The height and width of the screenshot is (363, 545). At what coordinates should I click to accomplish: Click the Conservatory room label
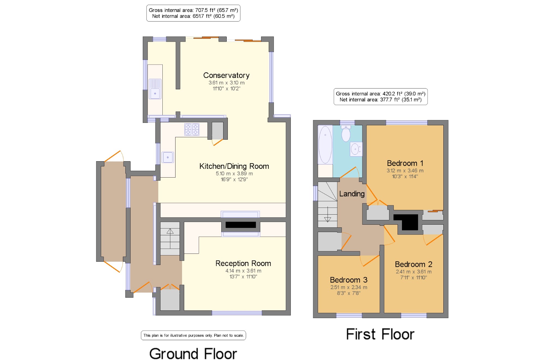pyautogui.click(x=226, y=75)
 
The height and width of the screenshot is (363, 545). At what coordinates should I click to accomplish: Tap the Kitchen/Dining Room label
pyautogui.click(x=234, y=166)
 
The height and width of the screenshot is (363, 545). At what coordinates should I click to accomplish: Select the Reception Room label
pyautogui.click(x=243, y=263)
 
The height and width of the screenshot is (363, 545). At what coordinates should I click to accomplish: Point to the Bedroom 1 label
pyautogui.click(x=405, y=163)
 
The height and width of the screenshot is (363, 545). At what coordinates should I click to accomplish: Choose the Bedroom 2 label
pyautogui.click(x=413, y=264)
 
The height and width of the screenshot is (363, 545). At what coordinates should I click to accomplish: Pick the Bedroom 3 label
pyautogui.click(x=349, y=280)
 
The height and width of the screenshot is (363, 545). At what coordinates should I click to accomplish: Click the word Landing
pyautogui.click(x=352, y=194)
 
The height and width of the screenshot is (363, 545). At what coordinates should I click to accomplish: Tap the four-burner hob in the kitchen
pyautogui.click(x=192, y=129)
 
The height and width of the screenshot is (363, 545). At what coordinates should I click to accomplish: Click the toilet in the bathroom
pyautogui.click(x=346, y=133)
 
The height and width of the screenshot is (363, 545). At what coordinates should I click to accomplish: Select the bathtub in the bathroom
pyautogui.click(x=325, y=145)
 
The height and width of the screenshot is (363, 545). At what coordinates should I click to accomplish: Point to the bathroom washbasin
pyautogui.click(x=356, y=149)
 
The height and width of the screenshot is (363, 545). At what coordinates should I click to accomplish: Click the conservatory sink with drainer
pyautogui.click(x=155, y=89)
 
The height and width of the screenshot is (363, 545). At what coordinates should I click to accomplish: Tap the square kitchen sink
pyautogui.click(x=168, y=157)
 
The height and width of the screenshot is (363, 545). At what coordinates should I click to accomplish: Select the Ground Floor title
pyautogui.click(x=193, y=354)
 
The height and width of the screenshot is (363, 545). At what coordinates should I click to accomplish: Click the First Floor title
pyautogui.click(x=380, y=334)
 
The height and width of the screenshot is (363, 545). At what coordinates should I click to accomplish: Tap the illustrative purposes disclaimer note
pyautogui.click(x=193, y=335)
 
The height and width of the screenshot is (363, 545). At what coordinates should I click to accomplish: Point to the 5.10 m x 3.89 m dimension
pyautogui.click(x=234, y=173)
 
